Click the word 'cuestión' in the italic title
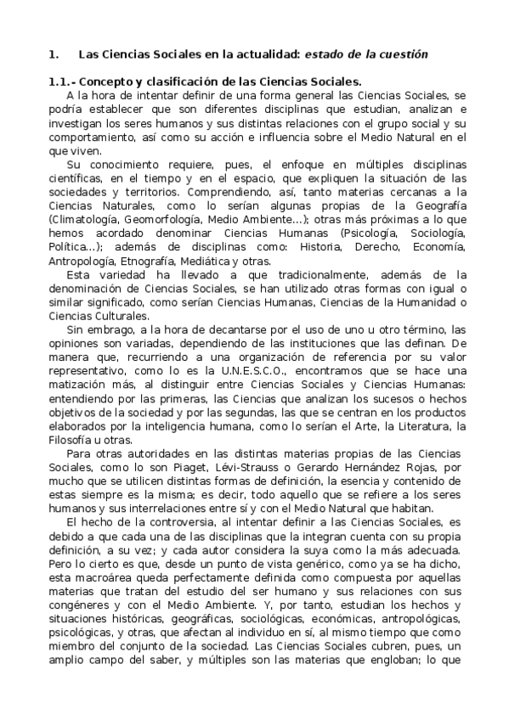pos(399,54)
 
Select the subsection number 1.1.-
pos(65,82)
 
